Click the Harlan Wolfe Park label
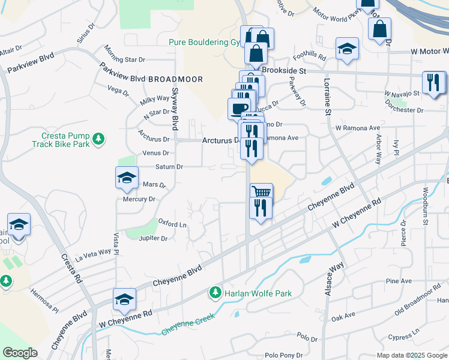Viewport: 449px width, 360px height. tap(258, 293)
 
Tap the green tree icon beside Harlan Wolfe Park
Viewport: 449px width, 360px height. tap(215, 293)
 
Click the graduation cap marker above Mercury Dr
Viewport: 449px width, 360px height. tap(127, 178)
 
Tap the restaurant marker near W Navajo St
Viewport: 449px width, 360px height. tap(433, 82)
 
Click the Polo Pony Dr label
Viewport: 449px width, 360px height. tap(282, 355)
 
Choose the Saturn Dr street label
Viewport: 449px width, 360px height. tap(169, 166)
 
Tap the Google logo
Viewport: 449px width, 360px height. tap(20, 353)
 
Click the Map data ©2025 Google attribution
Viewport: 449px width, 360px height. tap(411, 355)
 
